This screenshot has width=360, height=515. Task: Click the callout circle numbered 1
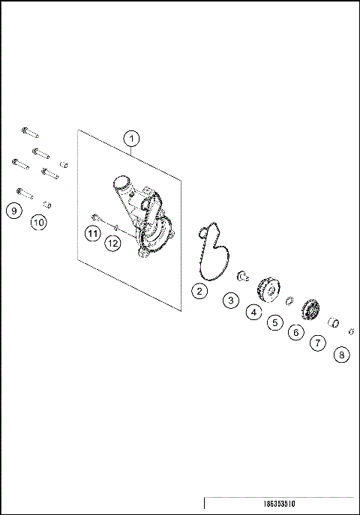(x=131, y=139)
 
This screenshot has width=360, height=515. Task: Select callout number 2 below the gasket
(x=199, y=291)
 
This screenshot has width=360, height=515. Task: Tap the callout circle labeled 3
(x=232, y=301)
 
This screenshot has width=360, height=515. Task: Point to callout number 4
(x=254, y=311)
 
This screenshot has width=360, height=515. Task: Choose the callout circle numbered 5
(x=275, y=322)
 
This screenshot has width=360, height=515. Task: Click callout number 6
(x=296, y=332)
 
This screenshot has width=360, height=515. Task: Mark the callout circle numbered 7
(x=317, y=343)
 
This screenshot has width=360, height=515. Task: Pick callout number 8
(x=341, y=355)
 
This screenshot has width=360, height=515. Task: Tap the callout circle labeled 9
(x=13, y=211)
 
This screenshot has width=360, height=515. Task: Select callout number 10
(x=39, y=222)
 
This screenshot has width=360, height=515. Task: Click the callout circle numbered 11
(x=91, y=234)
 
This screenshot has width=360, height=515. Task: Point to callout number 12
(x=112, y=242)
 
